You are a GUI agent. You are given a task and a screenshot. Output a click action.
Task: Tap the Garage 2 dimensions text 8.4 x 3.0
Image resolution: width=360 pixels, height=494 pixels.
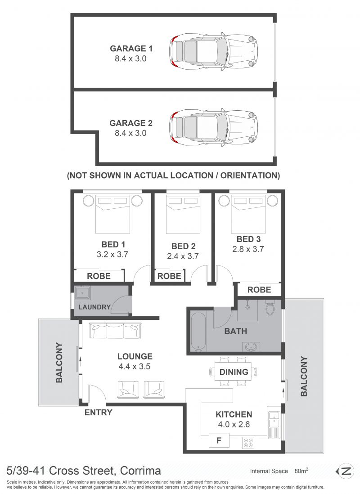[x=130, y=133]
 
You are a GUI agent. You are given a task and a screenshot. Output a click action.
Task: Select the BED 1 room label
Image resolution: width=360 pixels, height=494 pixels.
[x=113, y=244]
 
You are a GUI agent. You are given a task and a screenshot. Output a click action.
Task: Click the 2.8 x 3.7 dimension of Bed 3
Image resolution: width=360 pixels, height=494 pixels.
[x=248, y=249]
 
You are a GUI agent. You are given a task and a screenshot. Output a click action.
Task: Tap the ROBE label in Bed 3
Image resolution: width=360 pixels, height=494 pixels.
[x=259, y=290]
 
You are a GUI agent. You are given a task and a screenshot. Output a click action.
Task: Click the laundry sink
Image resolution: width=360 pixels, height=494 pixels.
[x=82, y=293]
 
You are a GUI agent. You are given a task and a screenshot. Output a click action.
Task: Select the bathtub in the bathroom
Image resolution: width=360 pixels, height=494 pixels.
[x=198, y=332]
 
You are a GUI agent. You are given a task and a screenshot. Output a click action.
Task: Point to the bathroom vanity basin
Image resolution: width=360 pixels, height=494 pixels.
[x=251, y=347]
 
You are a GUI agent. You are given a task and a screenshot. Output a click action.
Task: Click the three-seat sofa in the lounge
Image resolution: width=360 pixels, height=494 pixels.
[x=115, y=331]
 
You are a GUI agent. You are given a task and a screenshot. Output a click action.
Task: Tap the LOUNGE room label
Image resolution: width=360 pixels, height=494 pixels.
[x=135, y=356]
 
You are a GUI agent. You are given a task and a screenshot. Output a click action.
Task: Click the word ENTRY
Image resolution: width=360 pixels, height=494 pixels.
[x=99, y=413]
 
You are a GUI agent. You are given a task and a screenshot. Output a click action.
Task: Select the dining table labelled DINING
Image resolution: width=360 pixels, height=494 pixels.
[x=234, y=372]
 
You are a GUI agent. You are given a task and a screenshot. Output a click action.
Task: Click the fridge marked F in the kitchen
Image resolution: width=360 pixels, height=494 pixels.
[x=219, y=440]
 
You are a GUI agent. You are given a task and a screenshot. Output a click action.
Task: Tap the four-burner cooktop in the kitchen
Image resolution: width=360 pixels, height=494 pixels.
[x=248, y=442]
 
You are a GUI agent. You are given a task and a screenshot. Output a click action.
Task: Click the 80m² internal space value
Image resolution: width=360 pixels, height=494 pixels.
[x=301, y=471]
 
